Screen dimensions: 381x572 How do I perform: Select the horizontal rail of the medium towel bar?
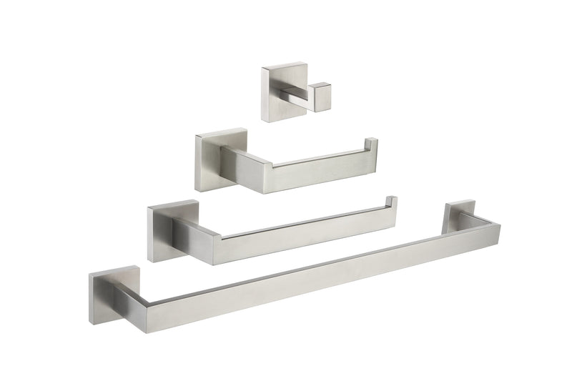[x=307, y=237]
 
